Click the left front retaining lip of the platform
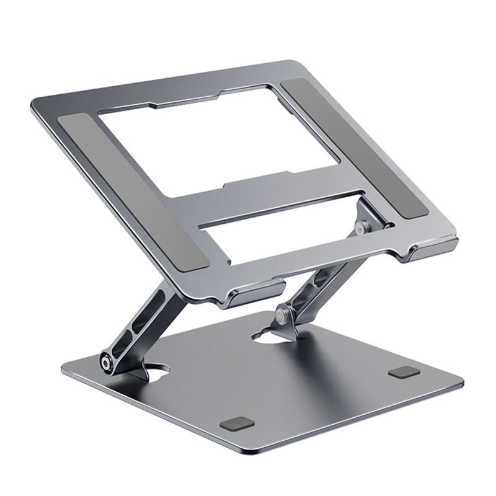coord(257,291)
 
